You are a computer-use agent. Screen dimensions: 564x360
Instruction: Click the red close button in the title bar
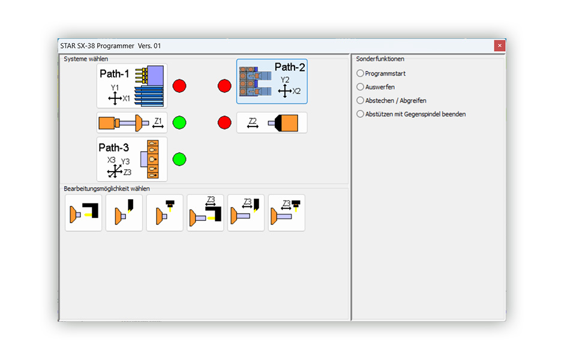point(499,46)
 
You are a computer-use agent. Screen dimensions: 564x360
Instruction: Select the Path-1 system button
point(132,86)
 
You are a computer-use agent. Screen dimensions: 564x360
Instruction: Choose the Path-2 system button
point(272,82)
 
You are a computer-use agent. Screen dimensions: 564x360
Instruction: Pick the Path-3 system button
point(132,159)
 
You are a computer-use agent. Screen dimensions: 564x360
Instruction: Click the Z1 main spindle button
point(132,122)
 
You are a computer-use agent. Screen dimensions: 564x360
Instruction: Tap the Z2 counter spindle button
point(272,122)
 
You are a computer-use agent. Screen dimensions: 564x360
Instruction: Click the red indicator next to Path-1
point(179,86)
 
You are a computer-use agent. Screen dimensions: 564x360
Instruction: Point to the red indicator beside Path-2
point(224,86)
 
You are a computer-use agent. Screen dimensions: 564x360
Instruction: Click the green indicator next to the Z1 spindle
point(179,122)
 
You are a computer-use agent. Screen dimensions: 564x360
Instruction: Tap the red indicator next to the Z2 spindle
point(224,122)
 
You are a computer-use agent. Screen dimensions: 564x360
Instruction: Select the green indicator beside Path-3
point(179,159)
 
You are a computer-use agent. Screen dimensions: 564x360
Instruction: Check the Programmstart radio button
point(360,73)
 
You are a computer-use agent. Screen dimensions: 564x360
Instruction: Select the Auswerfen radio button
point(360,86)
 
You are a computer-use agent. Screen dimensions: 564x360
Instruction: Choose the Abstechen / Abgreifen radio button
point(360,100)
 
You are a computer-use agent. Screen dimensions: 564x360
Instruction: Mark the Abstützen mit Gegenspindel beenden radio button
point(360,114)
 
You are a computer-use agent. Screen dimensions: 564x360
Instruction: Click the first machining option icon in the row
point(83,212)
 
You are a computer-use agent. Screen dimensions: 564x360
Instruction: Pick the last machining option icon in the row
point(287,212)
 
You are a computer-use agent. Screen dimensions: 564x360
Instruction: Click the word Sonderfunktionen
point(380,59)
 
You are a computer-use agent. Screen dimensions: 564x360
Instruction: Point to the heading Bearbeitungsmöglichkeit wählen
point(107,189)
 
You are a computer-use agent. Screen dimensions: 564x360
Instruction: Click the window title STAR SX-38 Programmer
point(97,46)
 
